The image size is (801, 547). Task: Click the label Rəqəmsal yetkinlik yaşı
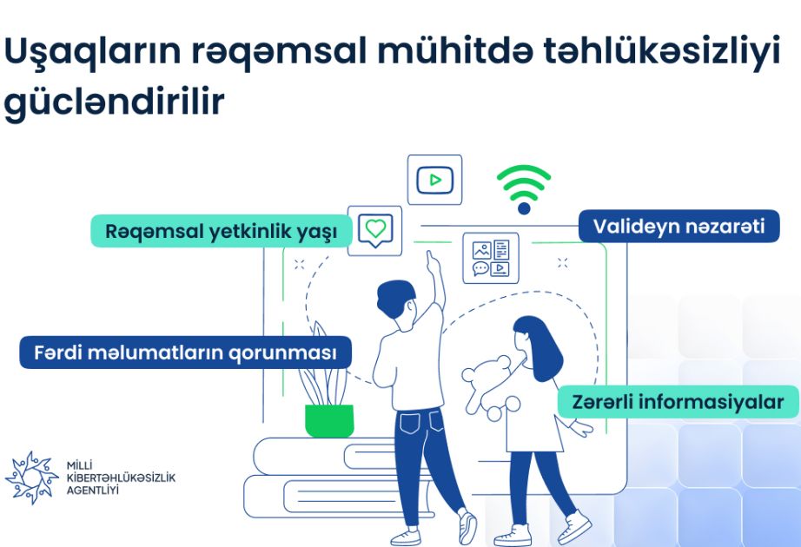coord(222,231)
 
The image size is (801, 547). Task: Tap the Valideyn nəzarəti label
coord(679,226)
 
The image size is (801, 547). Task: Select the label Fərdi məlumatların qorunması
coord(185,353)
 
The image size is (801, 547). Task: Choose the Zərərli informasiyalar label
coord(678,402)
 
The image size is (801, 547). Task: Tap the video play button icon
coord(434,180)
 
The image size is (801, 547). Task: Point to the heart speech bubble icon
coord(375,230)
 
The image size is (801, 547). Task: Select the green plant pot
coord(329,421)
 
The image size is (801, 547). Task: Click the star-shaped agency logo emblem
coord(31,478)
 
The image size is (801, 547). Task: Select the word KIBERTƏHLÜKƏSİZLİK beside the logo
coord(121,478)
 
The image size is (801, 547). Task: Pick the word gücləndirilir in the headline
coord(114,102)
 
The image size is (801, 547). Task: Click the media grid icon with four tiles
coord(491,258)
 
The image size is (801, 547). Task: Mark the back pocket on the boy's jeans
coord(410,424)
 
